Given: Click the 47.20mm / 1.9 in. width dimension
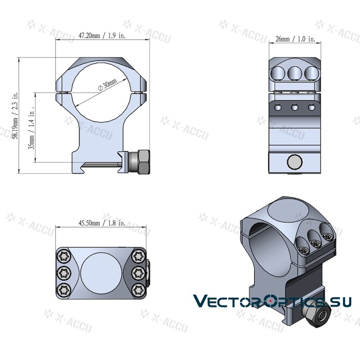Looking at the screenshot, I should tap(101, 35).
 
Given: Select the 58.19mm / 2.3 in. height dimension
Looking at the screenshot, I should tap(16, 116).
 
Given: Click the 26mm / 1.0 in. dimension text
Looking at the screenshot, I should tap(295, 39).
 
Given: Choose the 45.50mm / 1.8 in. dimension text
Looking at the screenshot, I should tap(101, 223).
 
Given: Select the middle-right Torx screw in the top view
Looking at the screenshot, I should tap(138, 272).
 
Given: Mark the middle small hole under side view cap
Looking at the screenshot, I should tap(295, 107).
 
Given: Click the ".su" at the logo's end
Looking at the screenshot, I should tap(340, 301).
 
